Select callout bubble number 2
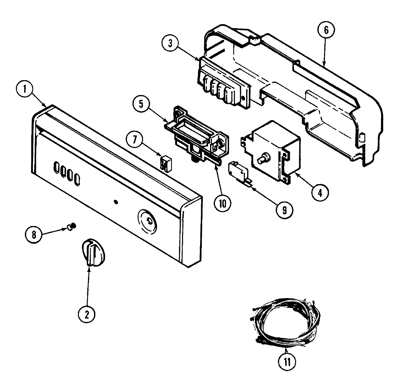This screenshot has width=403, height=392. (87, 314)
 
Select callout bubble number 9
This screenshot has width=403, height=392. (284, 210)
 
